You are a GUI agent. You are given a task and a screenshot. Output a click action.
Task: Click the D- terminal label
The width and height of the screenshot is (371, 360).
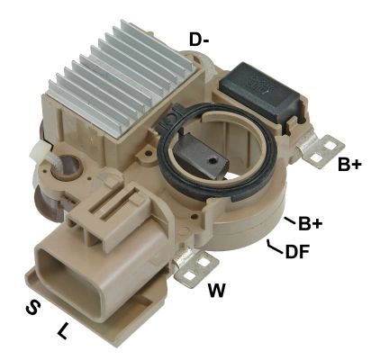(200, 39)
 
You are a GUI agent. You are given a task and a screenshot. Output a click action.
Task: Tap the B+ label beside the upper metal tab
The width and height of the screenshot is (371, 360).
(350, 165)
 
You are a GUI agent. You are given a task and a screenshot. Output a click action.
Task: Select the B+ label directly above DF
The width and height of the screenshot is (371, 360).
(311, 222)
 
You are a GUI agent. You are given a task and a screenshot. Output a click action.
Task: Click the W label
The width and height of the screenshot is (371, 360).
(216, 290)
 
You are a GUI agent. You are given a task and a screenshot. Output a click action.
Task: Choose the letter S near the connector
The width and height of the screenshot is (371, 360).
(32, 308)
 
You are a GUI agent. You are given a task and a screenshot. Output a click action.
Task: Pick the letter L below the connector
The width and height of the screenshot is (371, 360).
(62, 330)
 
